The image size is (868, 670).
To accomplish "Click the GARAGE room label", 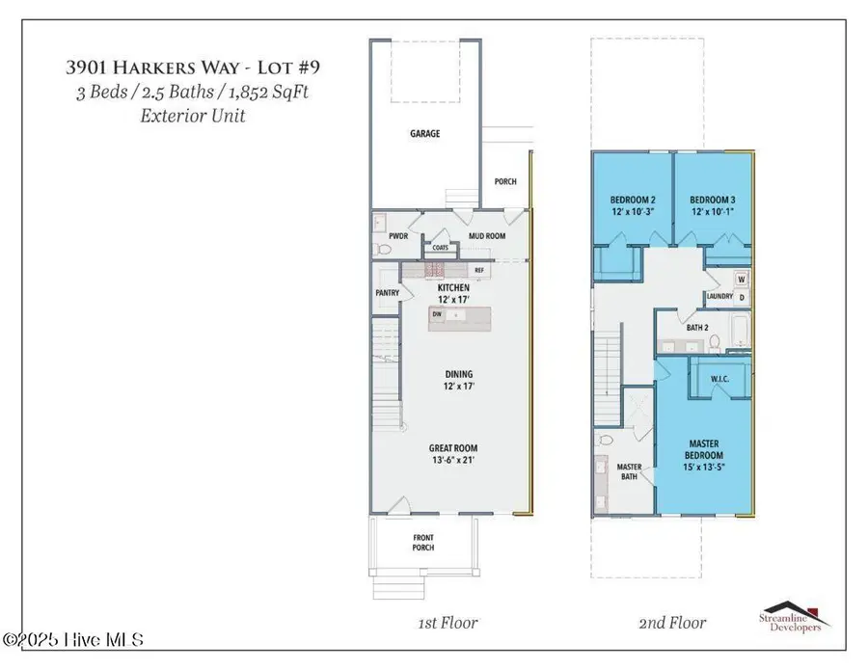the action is coord(425,133).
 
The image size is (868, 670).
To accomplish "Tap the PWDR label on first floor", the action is coord(398,236).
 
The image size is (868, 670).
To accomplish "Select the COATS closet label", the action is coord(440,248).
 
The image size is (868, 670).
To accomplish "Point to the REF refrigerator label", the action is coord(479,270).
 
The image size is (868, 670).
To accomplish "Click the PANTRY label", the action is coord(387,293).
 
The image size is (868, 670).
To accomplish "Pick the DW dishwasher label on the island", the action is coord(437,314).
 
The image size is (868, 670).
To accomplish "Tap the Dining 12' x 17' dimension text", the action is coord(459,387).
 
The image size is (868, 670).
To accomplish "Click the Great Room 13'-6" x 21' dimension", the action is coord(453,460).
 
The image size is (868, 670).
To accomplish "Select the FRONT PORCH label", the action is coord(423,543).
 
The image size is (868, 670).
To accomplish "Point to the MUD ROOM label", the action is coord(487,236).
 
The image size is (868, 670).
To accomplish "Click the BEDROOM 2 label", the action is coord(633,200).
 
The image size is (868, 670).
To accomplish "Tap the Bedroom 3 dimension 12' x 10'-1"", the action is coord(713,211).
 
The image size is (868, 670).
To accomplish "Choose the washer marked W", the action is coord(742,280).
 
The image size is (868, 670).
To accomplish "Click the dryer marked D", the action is coord(742,298).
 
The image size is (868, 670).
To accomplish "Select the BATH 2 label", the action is coord(697,328).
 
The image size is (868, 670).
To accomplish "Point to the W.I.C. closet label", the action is coord(719,379).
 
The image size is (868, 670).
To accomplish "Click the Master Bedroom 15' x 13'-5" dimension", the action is coord(704,467).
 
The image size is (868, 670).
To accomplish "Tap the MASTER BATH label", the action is coord(630,472).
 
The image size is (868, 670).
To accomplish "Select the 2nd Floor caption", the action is coord(672,623).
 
